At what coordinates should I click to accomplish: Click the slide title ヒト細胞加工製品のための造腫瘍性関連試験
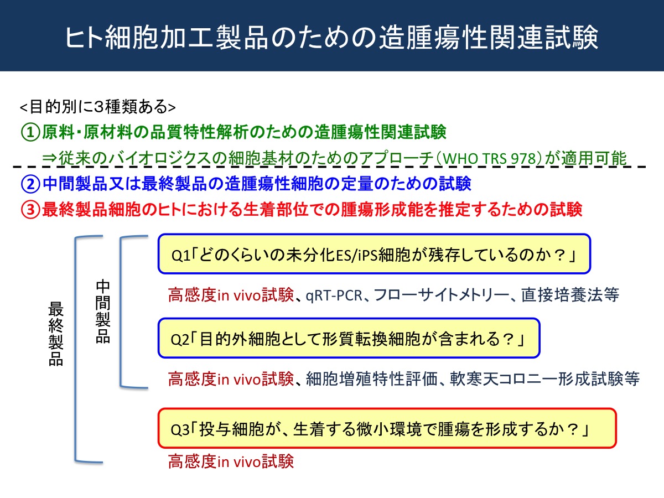332,38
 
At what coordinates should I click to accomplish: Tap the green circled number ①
30,132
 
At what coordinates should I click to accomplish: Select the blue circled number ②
30,184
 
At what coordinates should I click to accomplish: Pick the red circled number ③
30,210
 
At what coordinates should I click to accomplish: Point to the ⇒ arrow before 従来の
49,158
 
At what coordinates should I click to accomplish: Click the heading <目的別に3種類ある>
97,107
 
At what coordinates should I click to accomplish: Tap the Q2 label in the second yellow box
180,340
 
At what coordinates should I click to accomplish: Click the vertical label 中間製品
103,312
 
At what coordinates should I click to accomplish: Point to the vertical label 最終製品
56,334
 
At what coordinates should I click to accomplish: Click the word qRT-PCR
334,295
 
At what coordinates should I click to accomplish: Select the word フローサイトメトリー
442,295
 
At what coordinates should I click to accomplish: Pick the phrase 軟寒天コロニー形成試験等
544,379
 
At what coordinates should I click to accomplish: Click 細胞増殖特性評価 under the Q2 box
372,379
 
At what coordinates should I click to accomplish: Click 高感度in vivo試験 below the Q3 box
231,461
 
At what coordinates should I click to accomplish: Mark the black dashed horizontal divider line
329,167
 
